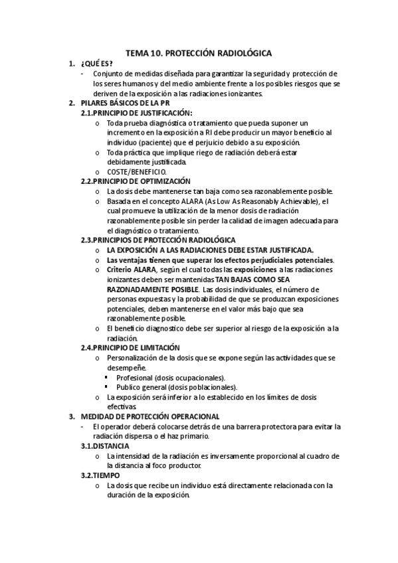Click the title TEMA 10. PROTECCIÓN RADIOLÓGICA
click(x=199, y=52)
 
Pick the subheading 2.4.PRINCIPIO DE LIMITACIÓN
click(x=130, y=348)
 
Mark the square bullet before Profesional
click(x=107, y=377)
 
